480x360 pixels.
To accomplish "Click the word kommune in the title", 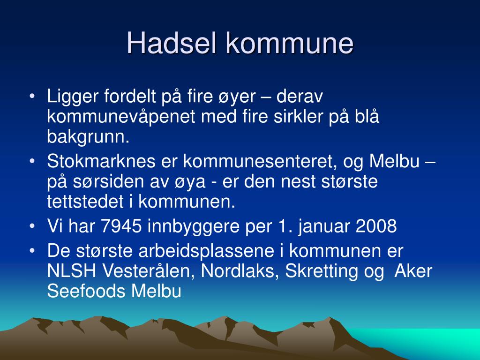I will pos(289,43).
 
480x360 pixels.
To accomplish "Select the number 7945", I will pos(121,226).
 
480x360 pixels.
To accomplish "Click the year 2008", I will pos(376,226).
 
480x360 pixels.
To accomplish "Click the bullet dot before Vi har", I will pos(32,227).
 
